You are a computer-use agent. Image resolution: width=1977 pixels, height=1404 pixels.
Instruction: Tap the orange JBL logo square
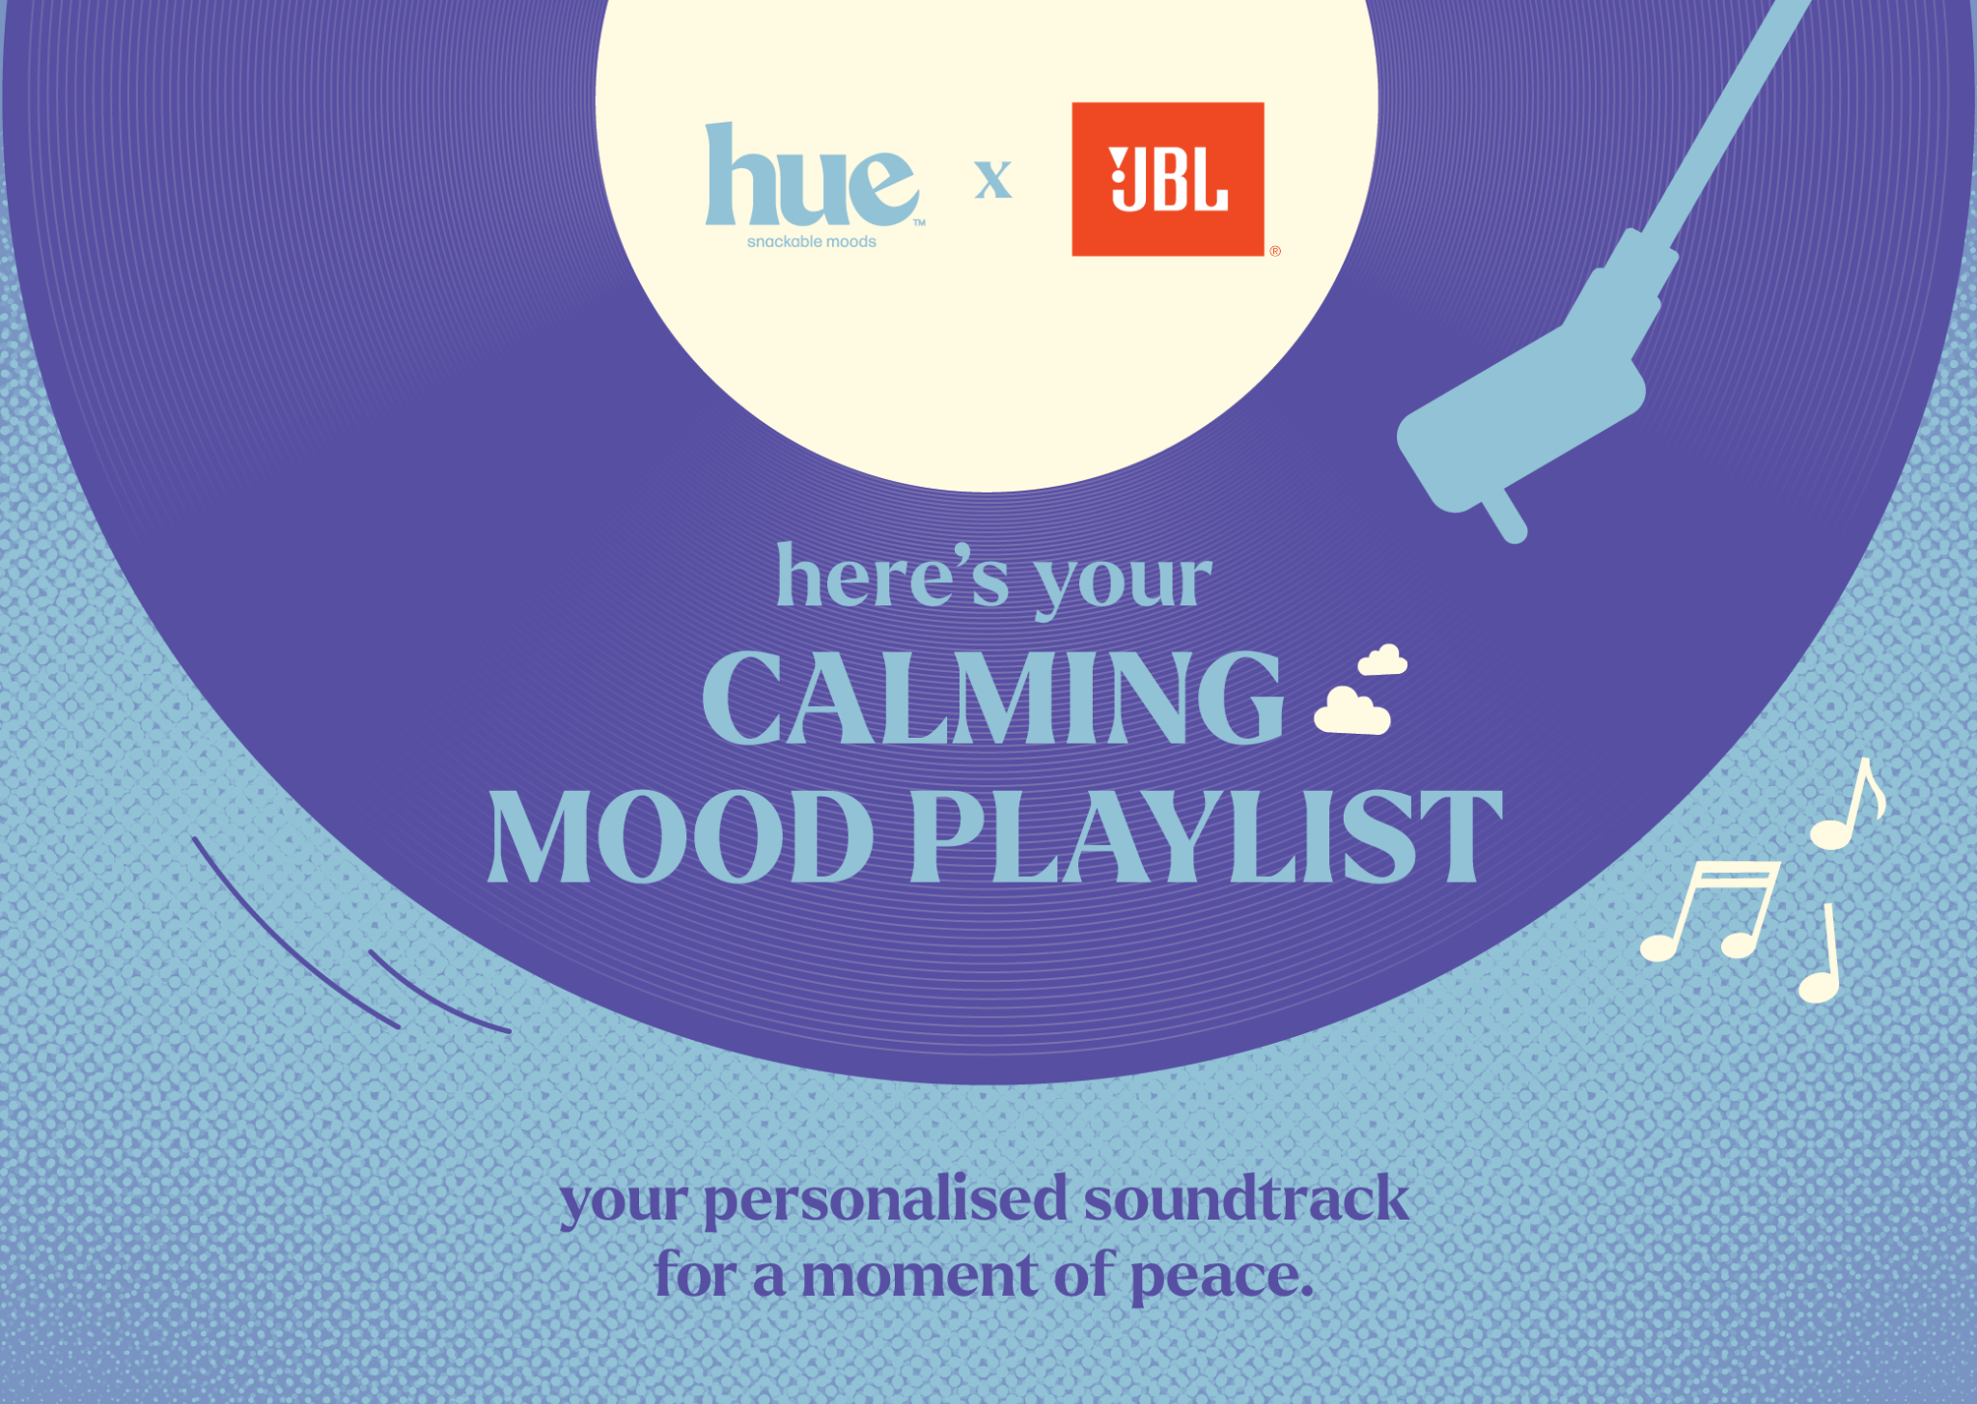(x=1168, y=179)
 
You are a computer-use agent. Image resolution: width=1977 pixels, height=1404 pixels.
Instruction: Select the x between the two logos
(x=993, y=181)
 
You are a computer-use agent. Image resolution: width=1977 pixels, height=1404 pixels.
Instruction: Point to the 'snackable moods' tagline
(x=812, y=241)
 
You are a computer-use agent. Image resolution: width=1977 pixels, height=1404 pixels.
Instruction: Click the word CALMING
(x=992, y=697)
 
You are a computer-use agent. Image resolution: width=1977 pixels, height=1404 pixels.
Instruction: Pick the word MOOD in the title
(x=681, y=836)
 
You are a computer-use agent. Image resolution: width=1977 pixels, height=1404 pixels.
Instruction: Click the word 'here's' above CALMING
(x=893, y=576)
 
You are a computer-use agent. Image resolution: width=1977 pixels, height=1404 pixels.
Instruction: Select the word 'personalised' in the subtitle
(x=884, y=1201)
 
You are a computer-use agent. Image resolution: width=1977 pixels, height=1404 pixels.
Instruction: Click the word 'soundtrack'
(x=1245, y=1198)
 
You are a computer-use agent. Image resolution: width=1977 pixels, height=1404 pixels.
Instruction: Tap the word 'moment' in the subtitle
(x=919, y=1277)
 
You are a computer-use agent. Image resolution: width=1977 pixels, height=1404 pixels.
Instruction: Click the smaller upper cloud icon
(x=1382, y=660)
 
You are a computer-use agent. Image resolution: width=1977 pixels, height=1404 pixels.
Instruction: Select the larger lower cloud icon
(x=1352, y=712)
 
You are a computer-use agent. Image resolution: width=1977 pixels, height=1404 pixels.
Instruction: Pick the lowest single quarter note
(x=1821, y=956)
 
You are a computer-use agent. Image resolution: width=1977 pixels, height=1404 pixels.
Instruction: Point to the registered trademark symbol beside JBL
(x=1275, y=251)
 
